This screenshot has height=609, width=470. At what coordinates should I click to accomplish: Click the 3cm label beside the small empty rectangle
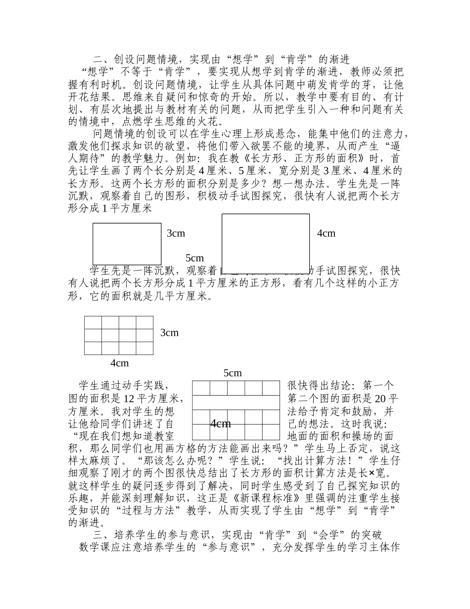[x=176, y=233]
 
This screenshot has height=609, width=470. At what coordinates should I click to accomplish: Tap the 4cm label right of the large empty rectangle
[x=326, y=233]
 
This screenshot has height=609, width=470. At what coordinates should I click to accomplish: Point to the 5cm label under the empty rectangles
[x=194, y=258]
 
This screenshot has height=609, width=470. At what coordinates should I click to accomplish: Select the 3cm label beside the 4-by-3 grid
[x=169, y=333]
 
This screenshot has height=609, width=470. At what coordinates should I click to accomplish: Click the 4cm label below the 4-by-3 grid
[x=119, y=363]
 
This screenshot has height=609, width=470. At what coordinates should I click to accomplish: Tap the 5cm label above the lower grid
[x=233, y=373]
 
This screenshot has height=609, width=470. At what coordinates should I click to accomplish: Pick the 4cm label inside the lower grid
[x=221, y=423]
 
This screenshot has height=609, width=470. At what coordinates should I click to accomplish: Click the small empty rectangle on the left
[x=127, y=244]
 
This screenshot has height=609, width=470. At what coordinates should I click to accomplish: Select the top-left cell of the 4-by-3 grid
[x=93, y=322]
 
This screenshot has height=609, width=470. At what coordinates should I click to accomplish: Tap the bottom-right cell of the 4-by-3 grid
[x=144, y=348]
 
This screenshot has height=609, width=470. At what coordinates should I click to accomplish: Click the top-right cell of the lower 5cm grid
[x=271, y=388]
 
